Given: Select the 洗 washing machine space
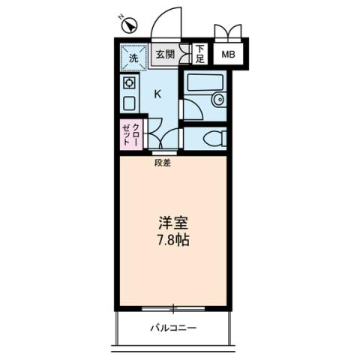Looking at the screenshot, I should tap(133, 55).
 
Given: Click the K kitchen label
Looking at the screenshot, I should tap(158, 94).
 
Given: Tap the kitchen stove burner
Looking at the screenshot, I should tap(128, 82).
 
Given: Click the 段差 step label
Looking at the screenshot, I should tap(162, 163).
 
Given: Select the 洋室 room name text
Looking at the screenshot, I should tap(172, 223).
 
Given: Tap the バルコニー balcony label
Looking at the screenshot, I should tap(172, 328).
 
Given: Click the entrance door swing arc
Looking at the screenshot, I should tap(166, 22).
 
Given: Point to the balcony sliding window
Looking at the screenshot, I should tap(172, 307).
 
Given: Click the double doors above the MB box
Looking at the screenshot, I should tap(229, 33).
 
